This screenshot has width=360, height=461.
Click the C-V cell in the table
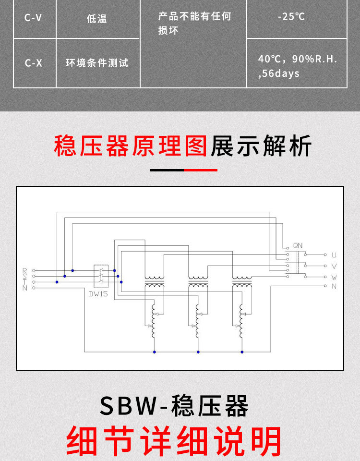coord(33,18)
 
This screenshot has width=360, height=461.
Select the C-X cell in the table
coord(33,63)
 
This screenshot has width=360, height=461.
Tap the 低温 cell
coord(96,19)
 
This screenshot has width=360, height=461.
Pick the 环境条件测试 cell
coord(97,63)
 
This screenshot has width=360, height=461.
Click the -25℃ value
coord(291,17)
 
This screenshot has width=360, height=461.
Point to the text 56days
coord(280,73)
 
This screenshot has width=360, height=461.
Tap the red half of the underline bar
coord(201,170)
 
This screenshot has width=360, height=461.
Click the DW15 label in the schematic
coord(98,294)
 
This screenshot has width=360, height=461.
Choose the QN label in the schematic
coord(298,245)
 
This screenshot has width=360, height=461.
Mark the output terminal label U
coord(334,255)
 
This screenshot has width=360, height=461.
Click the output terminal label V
coord(334,266)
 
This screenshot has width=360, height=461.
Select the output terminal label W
coord(334,277)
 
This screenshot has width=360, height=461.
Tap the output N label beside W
coord(334,286)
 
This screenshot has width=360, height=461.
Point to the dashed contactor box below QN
coord(298,263)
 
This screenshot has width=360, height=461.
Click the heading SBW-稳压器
coord(174,406)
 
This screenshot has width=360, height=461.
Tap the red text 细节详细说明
coord(174,441)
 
